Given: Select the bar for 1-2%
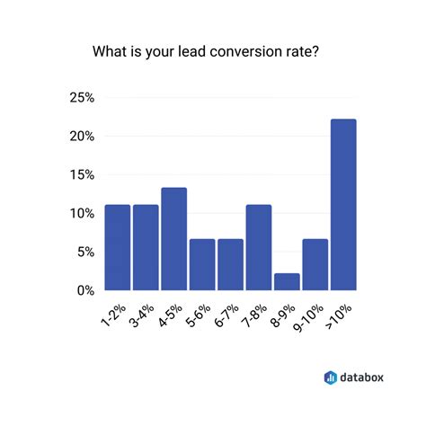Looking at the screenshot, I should pyautogui.click(x=118, y=248).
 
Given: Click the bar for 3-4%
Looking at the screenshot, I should pyautogui.click(x=146, y=248).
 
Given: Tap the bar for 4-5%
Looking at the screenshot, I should pyautogui.click(x=173, y=239).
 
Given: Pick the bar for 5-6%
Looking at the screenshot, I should pyautogui.click(x=202, y=265).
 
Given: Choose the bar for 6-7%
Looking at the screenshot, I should pyautogui.click(x=230, y=265).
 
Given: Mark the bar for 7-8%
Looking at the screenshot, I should pyautogui.click(x=258, y=248).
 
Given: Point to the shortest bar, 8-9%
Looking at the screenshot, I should pyautogui.click(x=286, y=282).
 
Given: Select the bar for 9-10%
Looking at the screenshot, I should pyautogui.click(x=315, y=265).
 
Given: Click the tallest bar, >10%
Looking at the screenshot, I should pyautogui.click(x=342, y=205).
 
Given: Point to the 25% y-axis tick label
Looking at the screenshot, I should pyautogui.click(x=82, y=98).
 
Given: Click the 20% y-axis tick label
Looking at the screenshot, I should pyautogui.click(x=82, y=137).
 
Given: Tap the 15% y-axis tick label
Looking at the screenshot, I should pyautogui.click(x=82, y=175).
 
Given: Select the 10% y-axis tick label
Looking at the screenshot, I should pyautogui.click(x=82, y=214).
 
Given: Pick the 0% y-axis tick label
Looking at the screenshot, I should pyautogui.click(x=85, y=290).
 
